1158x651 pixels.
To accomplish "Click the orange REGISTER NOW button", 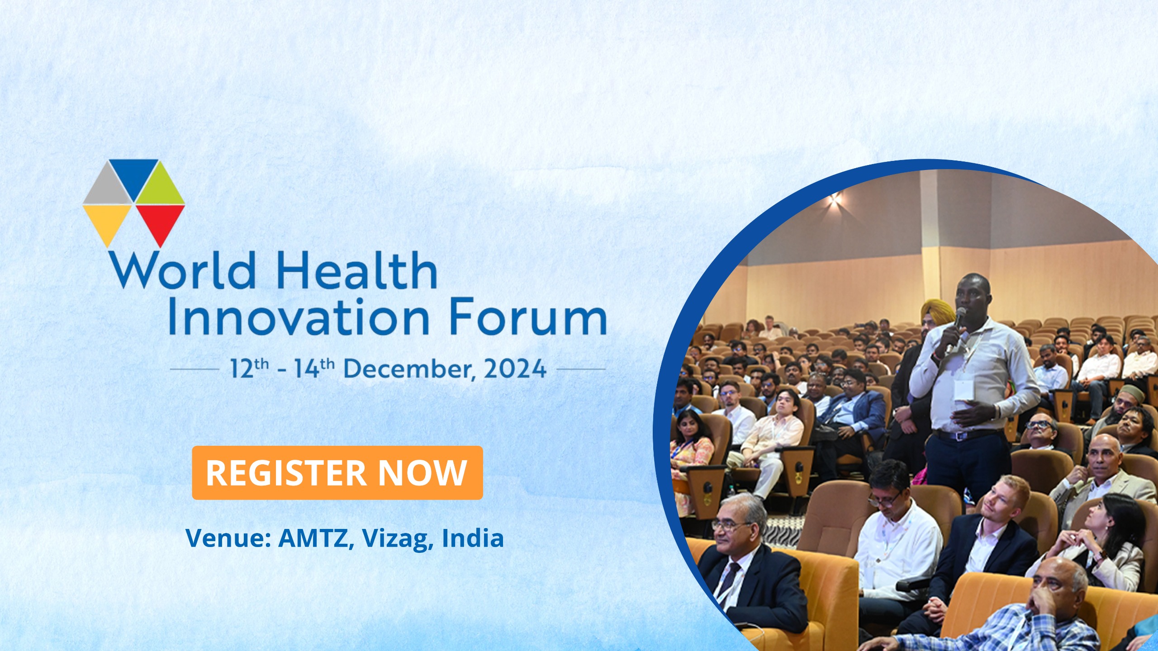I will click(x=337, y=472).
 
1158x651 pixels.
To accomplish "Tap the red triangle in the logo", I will click(x=161, y=222).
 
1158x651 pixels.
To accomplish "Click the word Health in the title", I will click(x=356, y=271).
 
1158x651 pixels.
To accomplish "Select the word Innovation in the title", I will click(x=299, y=317).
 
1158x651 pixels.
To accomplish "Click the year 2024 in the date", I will click(x=515, y=369).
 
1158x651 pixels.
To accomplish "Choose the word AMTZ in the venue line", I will click(x=316, y=538).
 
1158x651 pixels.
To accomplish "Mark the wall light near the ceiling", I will click(x=835, y=198).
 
